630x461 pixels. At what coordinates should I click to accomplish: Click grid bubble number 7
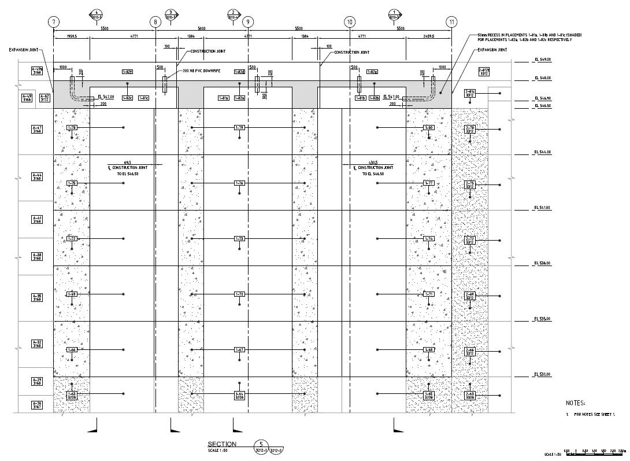tap(54, 22)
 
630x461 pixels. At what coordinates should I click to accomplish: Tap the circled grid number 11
tap(451, 22)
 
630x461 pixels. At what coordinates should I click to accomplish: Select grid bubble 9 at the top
tap(247, 22)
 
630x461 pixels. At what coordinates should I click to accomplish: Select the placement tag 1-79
tap(239, 127)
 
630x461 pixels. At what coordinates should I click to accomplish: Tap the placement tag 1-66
tap(72, 350)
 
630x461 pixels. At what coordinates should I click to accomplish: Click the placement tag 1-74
tap(428, 238)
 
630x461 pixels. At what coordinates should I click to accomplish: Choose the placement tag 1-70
tap(239, 294)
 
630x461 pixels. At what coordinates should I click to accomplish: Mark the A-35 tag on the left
tap(37, 297)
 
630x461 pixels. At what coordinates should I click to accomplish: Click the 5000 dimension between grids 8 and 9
tap(202, 28)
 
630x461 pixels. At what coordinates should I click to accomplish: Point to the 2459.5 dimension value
tap(428, 36)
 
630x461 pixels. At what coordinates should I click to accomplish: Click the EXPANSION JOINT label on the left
tap(23, 50)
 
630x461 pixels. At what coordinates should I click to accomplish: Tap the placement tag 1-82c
tap(128, 98)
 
